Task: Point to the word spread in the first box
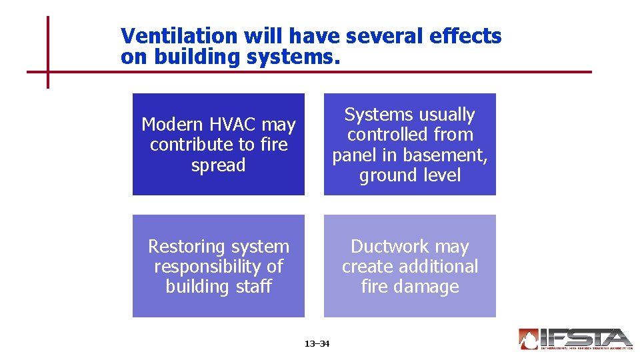[218, 165]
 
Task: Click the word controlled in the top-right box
[410, 135]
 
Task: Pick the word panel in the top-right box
[355, 155]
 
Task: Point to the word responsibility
[209, 267]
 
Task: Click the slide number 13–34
[317, 344]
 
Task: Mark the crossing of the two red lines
[48, 71]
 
